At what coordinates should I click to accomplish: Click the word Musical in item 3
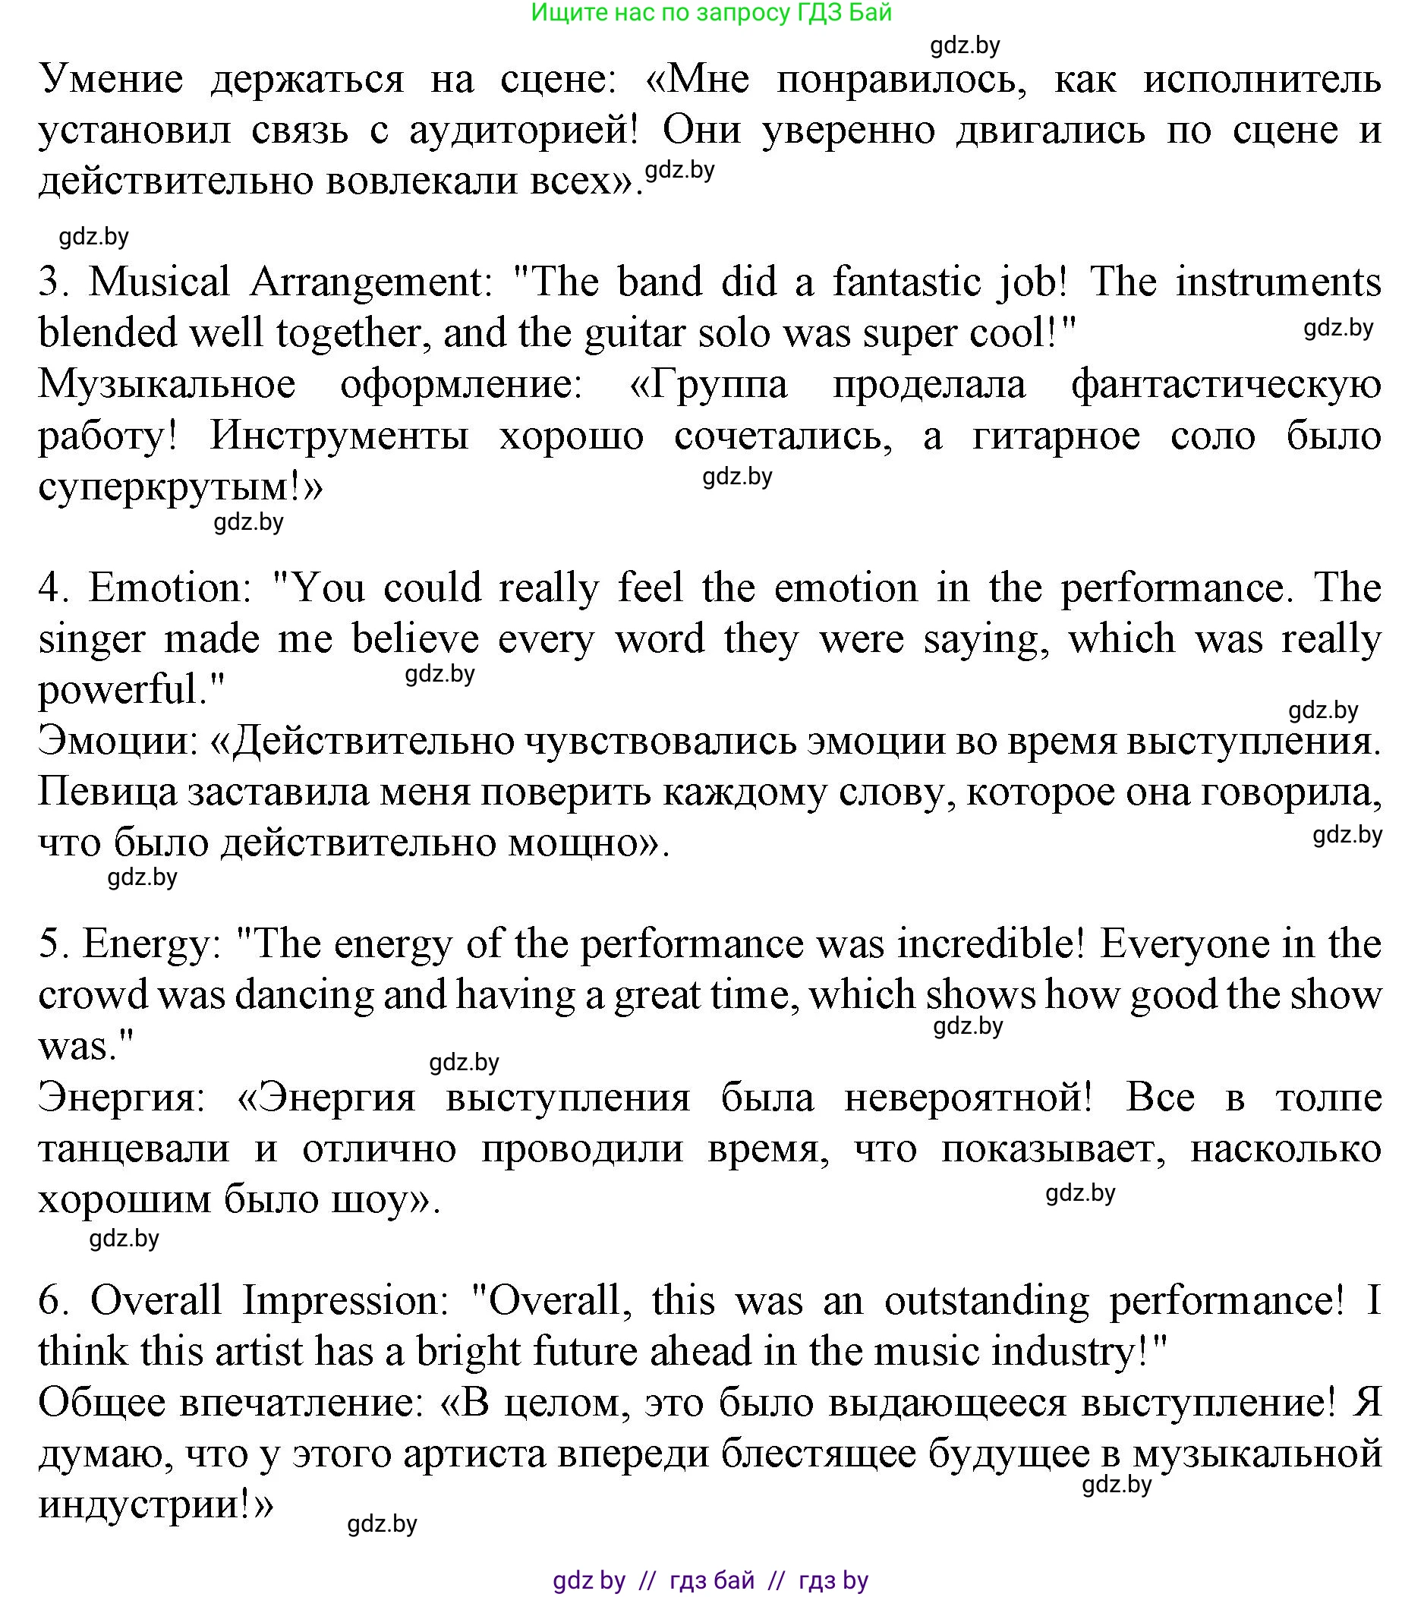pyautogui.click(x=159, y=282)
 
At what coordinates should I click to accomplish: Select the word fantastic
pyautogui.click(x=906, y=282)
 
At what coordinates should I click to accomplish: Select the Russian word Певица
pyautogui.click(x=107, y=792)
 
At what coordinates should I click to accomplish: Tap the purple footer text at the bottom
pyautogui.click(x=710, y=1580)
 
